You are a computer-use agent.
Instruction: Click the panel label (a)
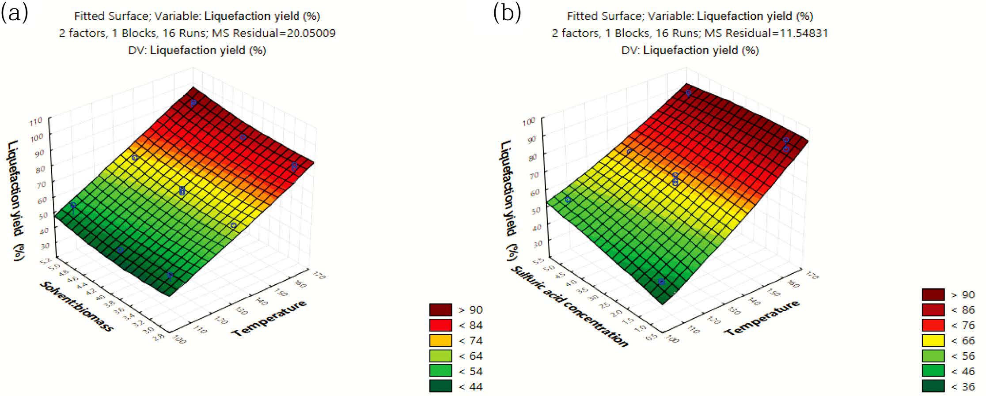click(x=15, y=13)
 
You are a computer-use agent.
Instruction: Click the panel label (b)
click(x=507, y=13)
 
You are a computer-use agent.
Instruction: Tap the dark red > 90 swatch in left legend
click(x=440, y=310)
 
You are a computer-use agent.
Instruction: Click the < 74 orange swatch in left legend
click(x=440, y=341)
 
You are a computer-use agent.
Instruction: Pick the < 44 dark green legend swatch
click(x=440, y=386)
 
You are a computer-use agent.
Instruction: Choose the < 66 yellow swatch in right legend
click(x=933, y=341)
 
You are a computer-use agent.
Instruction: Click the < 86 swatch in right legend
click(x=933, y=310)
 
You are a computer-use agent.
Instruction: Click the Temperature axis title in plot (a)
click(x=269, y=318)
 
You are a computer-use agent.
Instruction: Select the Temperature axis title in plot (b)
click(x=762, y=318)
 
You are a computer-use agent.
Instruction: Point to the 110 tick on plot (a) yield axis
click(x=36, y=121)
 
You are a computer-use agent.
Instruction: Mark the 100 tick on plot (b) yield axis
click(x=529, y=121)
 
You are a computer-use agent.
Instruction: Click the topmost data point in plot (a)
click(x=193, y=103)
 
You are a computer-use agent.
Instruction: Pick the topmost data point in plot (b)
click(x=688, y=93)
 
